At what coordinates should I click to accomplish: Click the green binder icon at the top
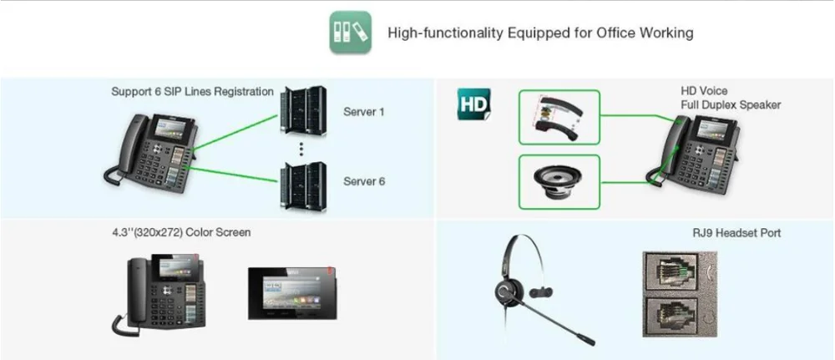350,33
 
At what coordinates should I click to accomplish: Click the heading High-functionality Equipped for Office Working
540,33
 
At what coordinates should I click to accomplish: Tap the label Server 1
364,111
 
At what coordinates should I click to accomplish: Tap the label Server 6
364,180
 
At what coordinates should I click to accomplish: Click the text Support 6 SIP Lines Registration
192,90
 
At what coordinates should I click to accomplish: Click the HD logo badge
473,105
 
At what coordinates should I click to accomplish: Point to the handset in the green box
559,117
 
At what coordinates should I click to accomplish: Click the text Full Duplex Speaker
731,105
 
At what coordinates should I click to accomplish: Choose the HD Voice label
704,91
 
